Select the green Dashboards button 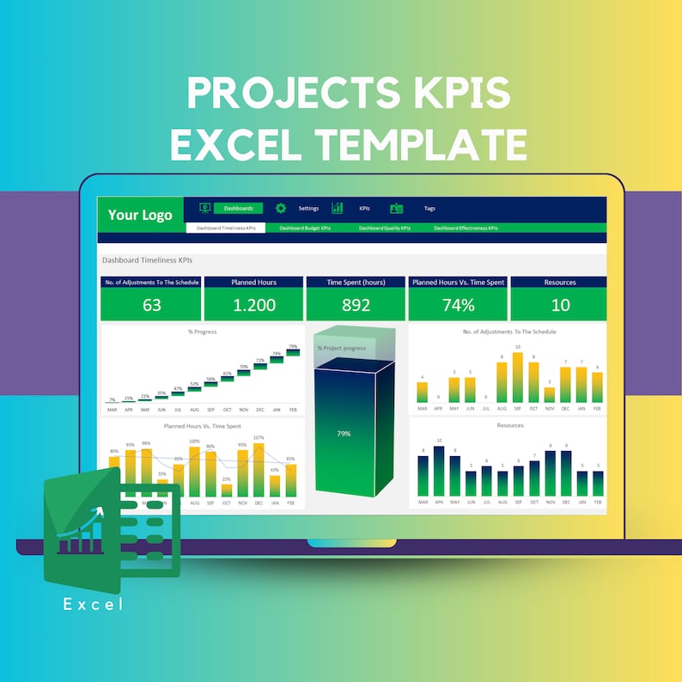tap(238, 209)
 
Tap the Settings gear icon tap(281, 209)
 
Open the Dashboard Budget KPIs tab tap(305, 228)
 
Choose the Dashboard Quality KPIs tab tap(384, 228)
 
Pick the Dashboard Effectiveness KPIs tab tap(465, 228)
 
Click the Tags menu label tap(429, 209)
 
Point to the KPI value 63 tap(151, 305)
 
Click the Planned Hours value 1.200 tap(253, 305)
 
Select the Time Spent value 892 tap(356, 305)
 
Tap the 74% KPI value tap(458, 305)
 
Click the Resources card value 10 tap(560, 305)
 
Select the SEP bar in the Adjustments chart tap(517, 378)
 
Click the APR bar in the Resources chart tap(439, 472)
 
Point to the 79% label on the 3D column tap(344, 434)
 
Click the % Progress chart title tap(203, 332)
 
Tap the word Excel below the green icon tap(94, 605)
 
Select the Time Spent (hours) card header tap(356, 282)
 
